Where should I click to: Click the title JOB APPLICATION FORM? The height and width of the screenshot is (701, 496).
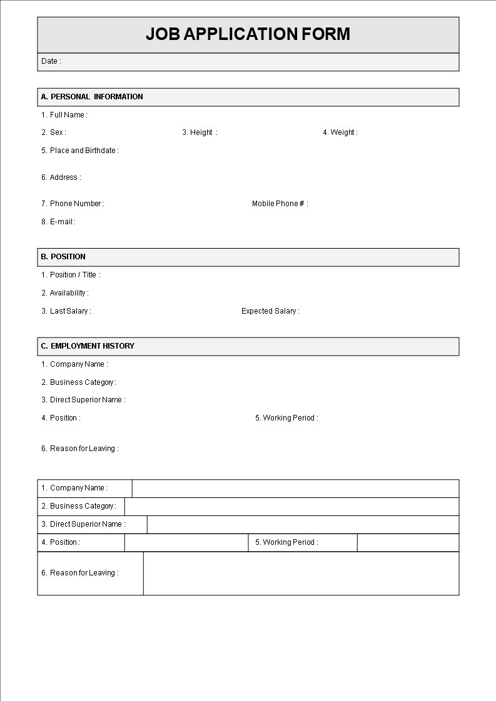point(248,34)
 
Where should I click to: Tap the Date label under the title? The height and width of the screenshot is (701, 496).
point(51,61)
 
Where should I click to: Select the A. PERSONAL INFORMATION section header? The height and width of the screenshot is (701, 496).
point(92,97)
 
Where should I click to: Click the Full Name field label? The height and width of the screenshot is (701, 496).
point(64,115)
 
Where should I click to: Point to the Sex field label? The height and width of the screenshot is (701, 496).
point(54,132)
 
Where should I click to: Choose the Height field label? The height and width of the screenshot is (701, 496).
point(200,132)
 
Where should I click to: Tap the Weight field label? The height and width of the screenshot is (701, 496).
point(340,132)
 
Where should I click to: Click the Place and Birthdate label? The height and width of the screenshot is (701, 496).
point(79,151)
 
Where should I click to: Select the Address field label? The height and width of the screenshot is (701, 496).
point(61,177)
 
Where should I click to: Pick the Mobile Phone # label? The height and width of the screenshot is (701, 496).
point(280,204)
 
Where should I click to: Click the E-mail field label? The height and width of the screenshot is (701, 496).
point(58,222)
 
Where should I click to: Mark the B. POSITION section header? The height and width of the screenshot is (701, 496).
point(63,257)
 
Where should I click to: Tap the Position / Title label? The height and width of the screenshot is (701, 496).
point(71,275)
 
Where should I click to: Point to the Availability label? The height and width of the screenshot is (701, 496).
point(65,293)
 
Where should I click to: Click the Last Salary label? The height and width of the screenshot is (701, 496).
point(66,311)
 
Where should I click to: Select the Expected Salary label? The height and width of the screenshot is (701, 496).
point(270,311)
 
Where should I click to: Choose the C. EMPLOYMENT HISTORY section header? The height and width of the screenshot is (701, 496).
point(88,346)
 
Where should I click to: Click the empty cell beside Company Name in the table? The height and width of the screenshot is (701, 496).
point(295,489)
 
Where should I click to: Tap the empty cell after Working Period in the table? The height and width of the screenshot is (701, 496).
point(408,543)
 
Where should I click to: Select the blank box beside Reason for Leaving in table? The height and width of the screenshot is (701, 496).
point(301,574)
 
